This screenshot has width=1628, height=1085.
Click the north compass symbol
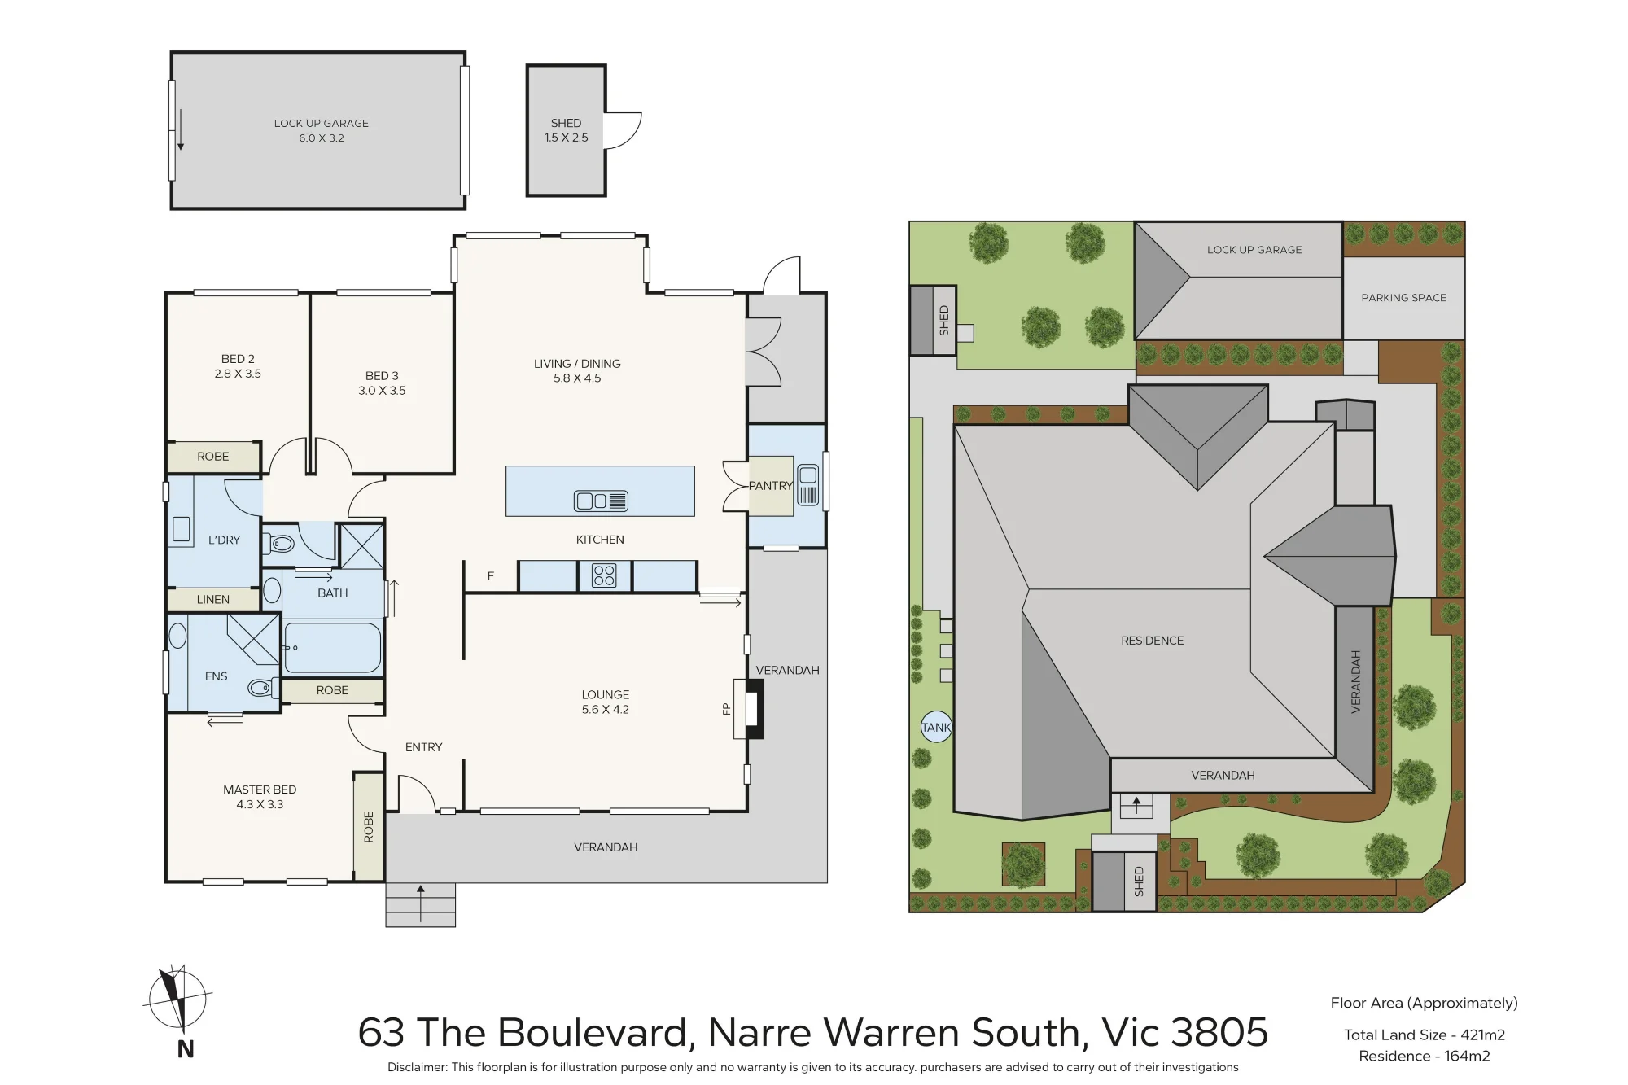coord(177,1005)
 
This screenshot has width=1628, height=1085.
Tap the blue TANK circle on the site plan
coord(936,727)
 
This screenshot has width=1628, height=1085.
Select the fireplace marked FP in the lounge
coord(749,709)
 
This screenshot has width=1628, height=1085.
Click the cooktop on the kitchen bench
coord(604,576)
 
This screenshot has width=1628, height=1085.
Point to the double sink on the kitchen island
coord(601,501)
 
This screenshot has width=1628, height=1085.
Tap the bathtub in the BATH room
coord(333,647)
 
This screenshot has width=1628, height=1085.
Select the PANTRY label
coord(770,486)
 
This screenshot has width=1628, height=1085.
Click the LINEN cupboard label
coord(213,600)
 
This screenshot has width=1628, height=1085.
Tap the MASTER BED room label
coord(260,790)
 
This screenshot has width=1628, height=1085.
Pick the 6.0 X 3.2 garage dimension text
coord(322,138)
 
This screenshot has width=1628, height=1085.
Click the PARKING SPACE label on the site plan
coord(1404,298)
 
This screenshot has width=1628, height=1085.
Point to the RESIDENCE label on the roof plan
coord(1153,641)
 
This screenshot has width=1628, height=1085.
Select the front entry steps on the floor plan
coord(421,904)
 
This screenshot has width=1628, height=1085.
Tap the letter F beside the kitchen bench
coord(491,576)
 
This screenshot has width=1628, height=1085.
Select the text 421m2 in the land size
coord(1483,1035)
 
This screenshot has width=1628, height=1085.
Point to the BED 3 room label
coord(382,376)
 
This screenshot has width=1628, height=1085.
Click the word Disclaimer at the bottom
coord(417,1067)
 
